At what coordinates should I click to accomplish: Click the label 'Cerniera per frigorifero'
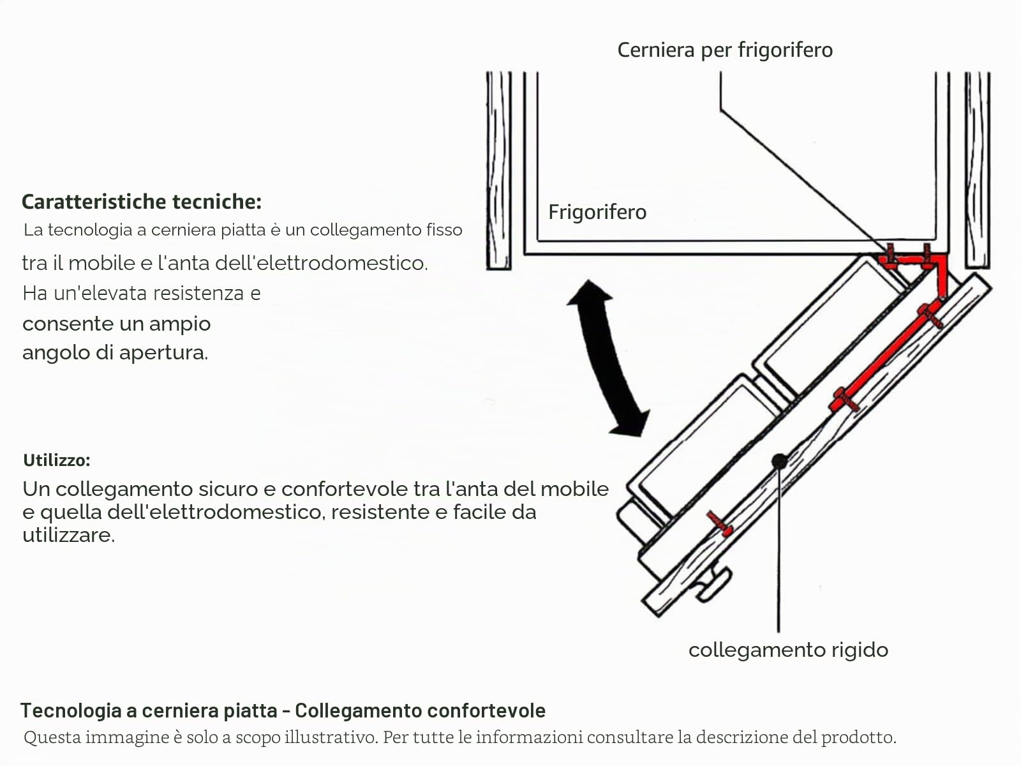725,50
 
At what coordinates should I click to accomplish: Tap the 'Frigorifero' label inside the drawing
597,213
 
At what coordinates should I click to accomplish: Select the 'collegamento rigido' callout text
789,650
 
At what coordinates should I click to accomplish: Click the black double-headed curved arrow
605,358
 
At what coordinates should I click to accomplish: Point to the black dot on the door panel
780,462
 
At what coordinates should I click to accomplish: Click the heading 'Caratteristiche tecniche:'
142,202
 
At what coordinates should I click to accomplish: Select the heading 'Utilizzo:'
57,460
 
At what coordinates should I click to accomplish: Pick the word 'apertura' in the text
164,353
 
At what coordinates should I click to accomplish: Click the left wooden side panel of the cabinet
498,170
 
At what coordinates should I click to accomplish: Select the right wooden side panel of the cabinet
977,170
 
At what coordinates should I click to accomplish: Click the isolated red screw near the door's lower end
720,524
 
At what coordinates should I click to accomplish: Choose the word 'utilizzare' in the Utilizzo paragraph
68,535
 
